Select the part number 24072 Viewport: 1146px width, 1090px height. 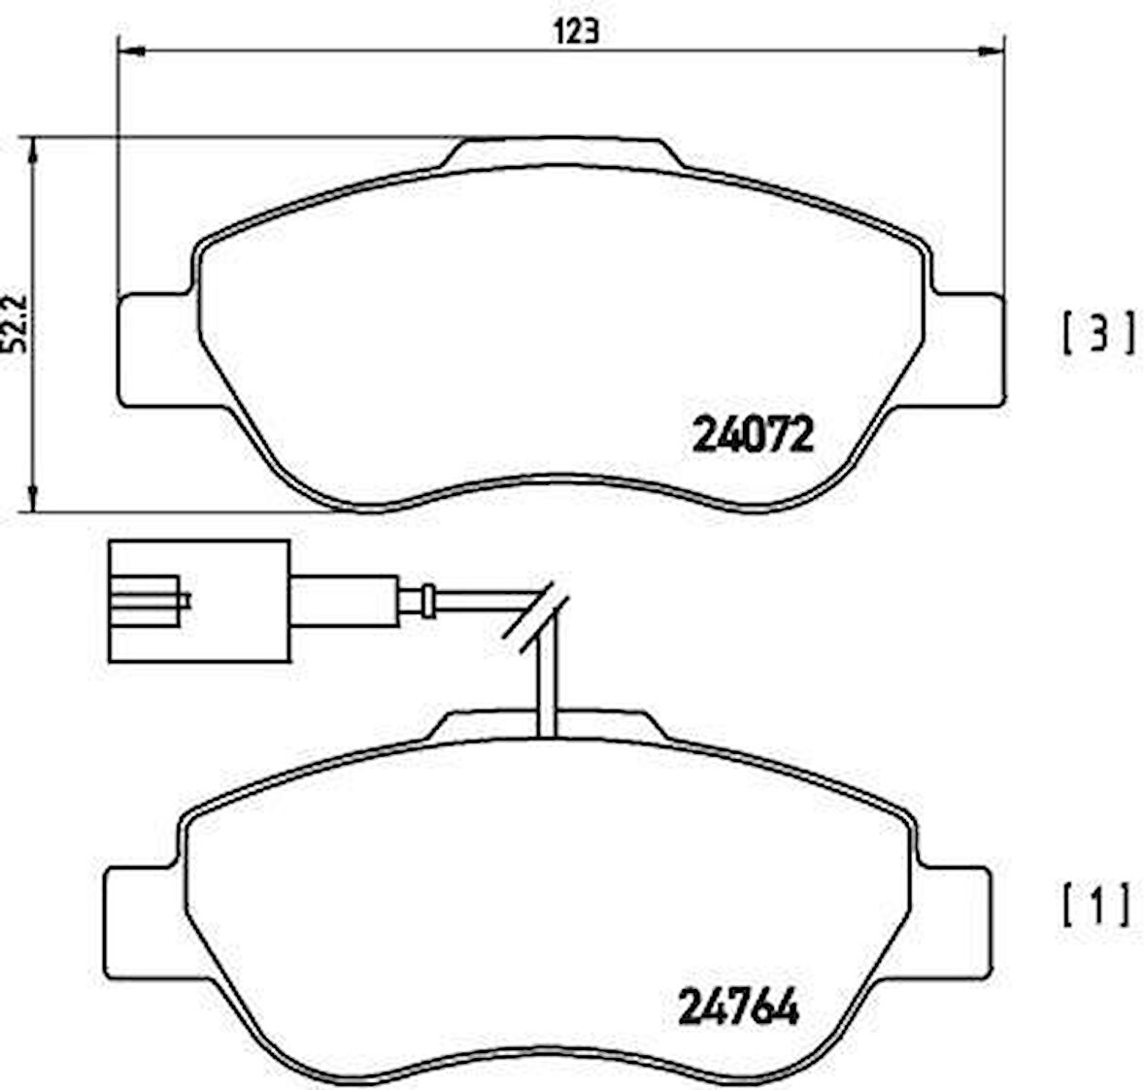[751, 436]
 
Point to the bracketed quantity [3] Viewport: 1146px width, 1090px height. [1095, 333]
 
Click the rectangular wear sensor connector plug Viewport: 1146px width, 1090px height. [199, 602]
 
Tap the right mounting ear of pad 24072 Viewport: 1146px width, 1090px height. [966, 346]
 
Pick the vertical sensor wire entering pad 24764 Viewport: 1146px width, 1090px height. [546, 689]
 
